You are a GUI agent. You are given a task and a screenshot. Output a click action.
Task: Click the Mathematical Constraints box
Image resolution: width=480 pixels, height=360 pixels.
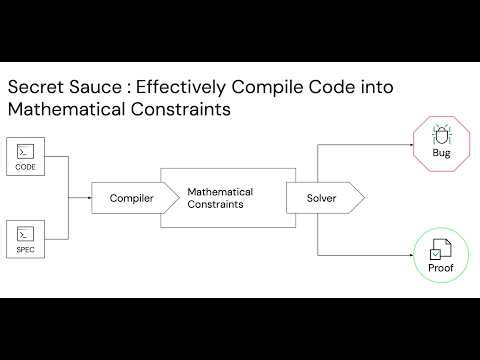coord(220,198)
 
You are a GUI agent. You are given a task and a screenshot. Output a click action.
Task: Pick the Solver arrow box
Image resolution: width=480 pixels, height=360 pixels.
coord(320,198)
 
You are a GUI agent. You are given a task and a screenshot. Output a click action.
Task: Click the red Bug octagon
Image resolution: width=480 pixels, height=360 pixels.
coord(440,141)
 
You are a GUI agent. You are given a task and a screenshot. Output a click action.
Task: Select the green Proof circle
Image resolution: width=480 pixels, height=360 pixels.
coord(440,256)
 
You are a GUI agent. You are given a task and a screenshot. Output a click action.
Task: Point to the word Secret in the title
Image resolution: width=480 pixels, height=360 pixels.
coord(35,88)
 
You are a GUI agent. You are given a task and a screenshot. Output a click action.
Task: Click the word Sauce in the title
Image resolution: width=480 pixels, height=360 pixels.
coord(98,88)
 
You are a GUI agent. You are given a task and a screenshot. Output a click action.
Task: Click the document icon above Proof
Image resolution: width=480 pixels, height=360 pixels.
coord(440,249)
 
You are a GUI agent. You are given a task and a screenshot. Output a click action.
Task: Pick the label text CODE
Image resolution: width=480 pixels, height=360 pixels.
coord(26,167)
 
